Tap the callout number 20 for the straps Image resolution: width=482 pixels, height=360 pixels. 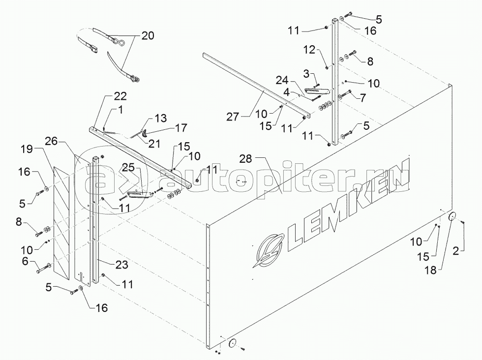(147, 36)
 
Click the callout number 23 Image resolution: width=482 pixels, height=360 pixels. (122, 265)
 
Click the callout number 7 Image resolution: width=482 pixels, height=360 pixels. (362, 98)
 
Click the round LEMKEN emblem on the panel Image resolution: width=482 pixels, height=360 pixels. (266, 250)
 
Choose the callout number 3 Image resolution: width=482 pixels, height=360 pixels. (306, 74)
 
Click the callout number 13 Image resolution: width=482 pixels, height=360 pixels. (160, 119)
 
